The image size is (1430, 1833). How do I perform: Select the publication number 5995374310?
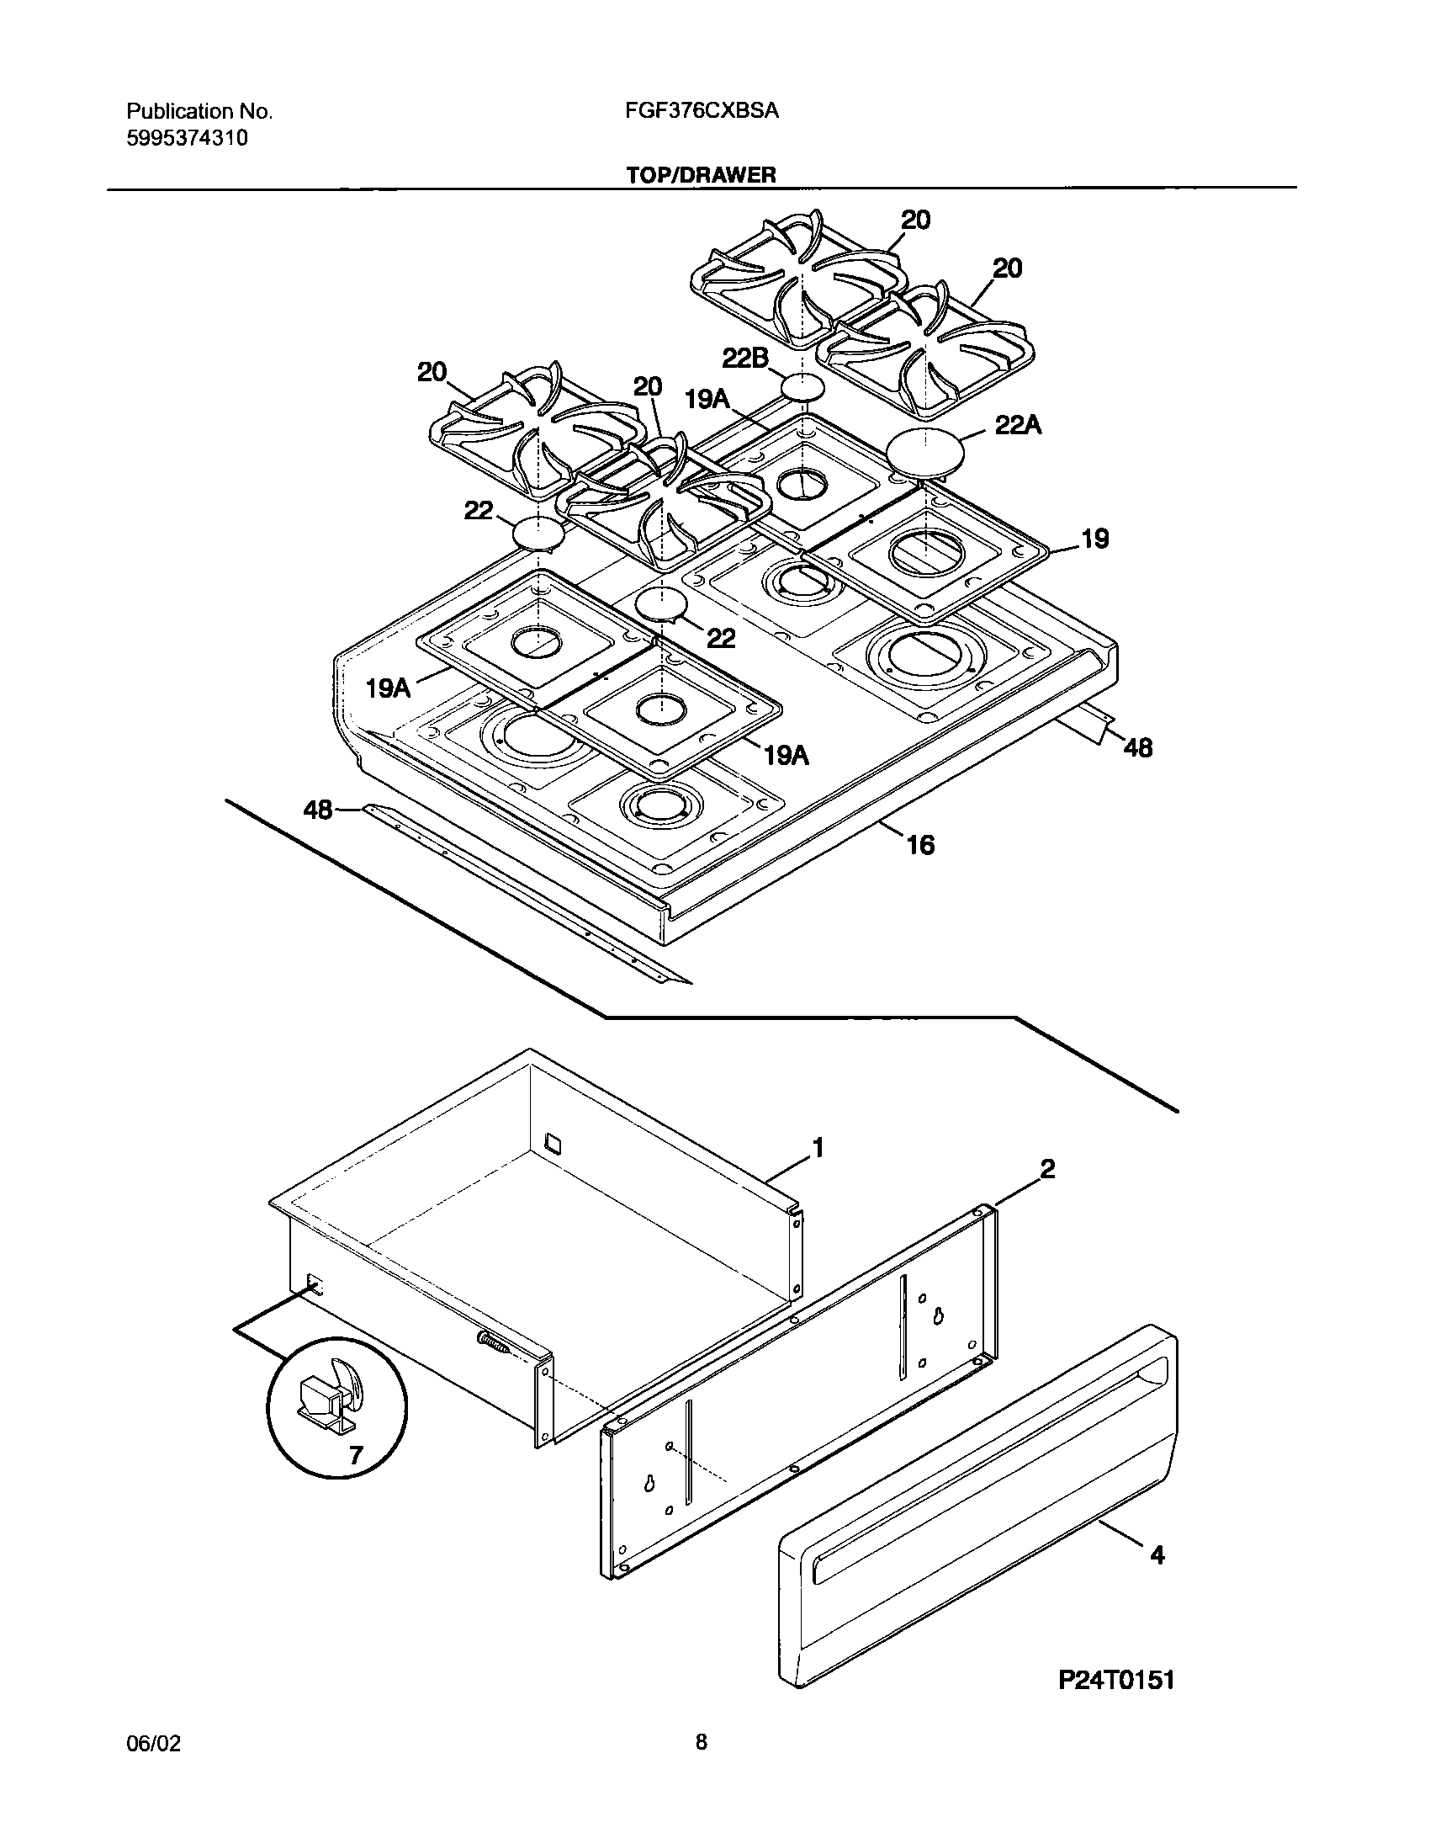187,138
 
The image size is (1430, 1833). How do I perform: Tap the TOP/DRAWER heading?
701,175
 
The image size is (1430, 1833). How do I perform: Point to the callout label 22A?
1018,426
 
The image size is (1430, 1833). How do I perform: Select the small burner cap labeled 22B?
803,388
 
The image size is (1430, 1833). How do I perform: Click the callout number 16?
921,844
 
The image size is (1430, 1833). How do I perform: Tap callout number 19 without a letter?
1094,539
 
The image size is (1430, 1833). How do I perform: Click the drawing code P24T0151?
1115,1704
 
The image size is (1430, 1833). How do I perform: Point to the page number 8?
702,1766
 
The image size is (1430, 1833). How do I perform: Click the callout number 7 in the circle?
355,1455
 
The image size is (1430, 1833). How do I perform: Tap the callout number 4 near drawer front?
1157,1556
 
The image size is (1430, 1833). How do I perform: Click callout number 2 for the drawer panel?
1047,1169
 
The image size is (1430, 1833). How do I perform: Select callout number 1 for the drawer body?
816,1147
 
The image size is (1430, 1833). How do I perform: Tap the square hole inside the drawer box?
553,1142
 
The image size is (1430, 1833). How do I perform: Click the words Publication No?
199,111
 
